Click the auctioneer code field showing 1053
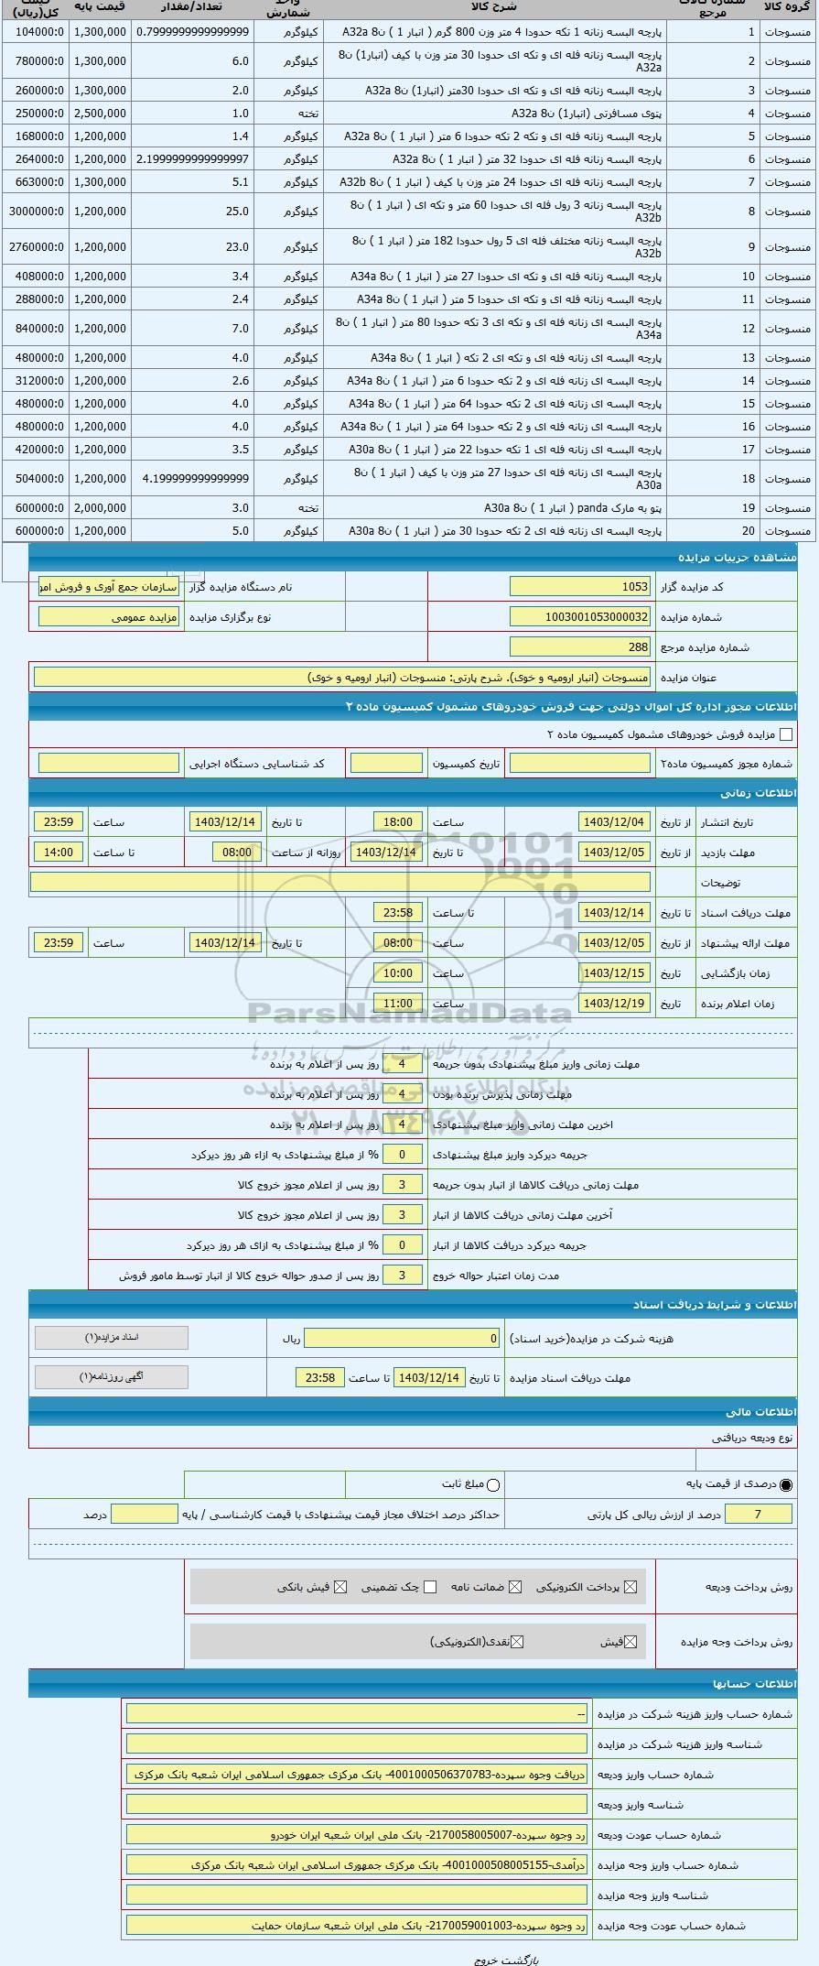[x=580, y=587]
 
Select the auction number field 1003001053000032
[x=580, y=617]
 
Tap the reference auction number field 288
[x=580, y=647]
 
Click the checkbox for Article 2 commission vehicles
[x=785, y=734]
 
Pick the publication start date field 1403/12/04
[x=615, y=822]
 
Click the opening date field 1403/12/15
[x=615, y=973]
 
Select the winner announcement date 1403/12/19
[x=615, y=1004]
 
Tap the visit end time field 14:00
[x=59, y=853]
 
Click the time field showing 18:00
[x=398, y=822]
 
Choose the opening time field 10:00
[x=398, y=973]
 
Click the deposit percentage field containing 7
[x=759, y=1515]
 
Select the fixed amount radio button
[x=494, y=1484]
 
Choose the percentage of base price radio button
[x=786, y=1484]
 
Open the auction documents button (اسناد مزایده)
[x=112, y=1338]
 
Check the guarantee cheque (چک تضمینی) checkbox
[x=430, y=1587]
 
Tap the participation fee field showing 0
[x=403, y=1339]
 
